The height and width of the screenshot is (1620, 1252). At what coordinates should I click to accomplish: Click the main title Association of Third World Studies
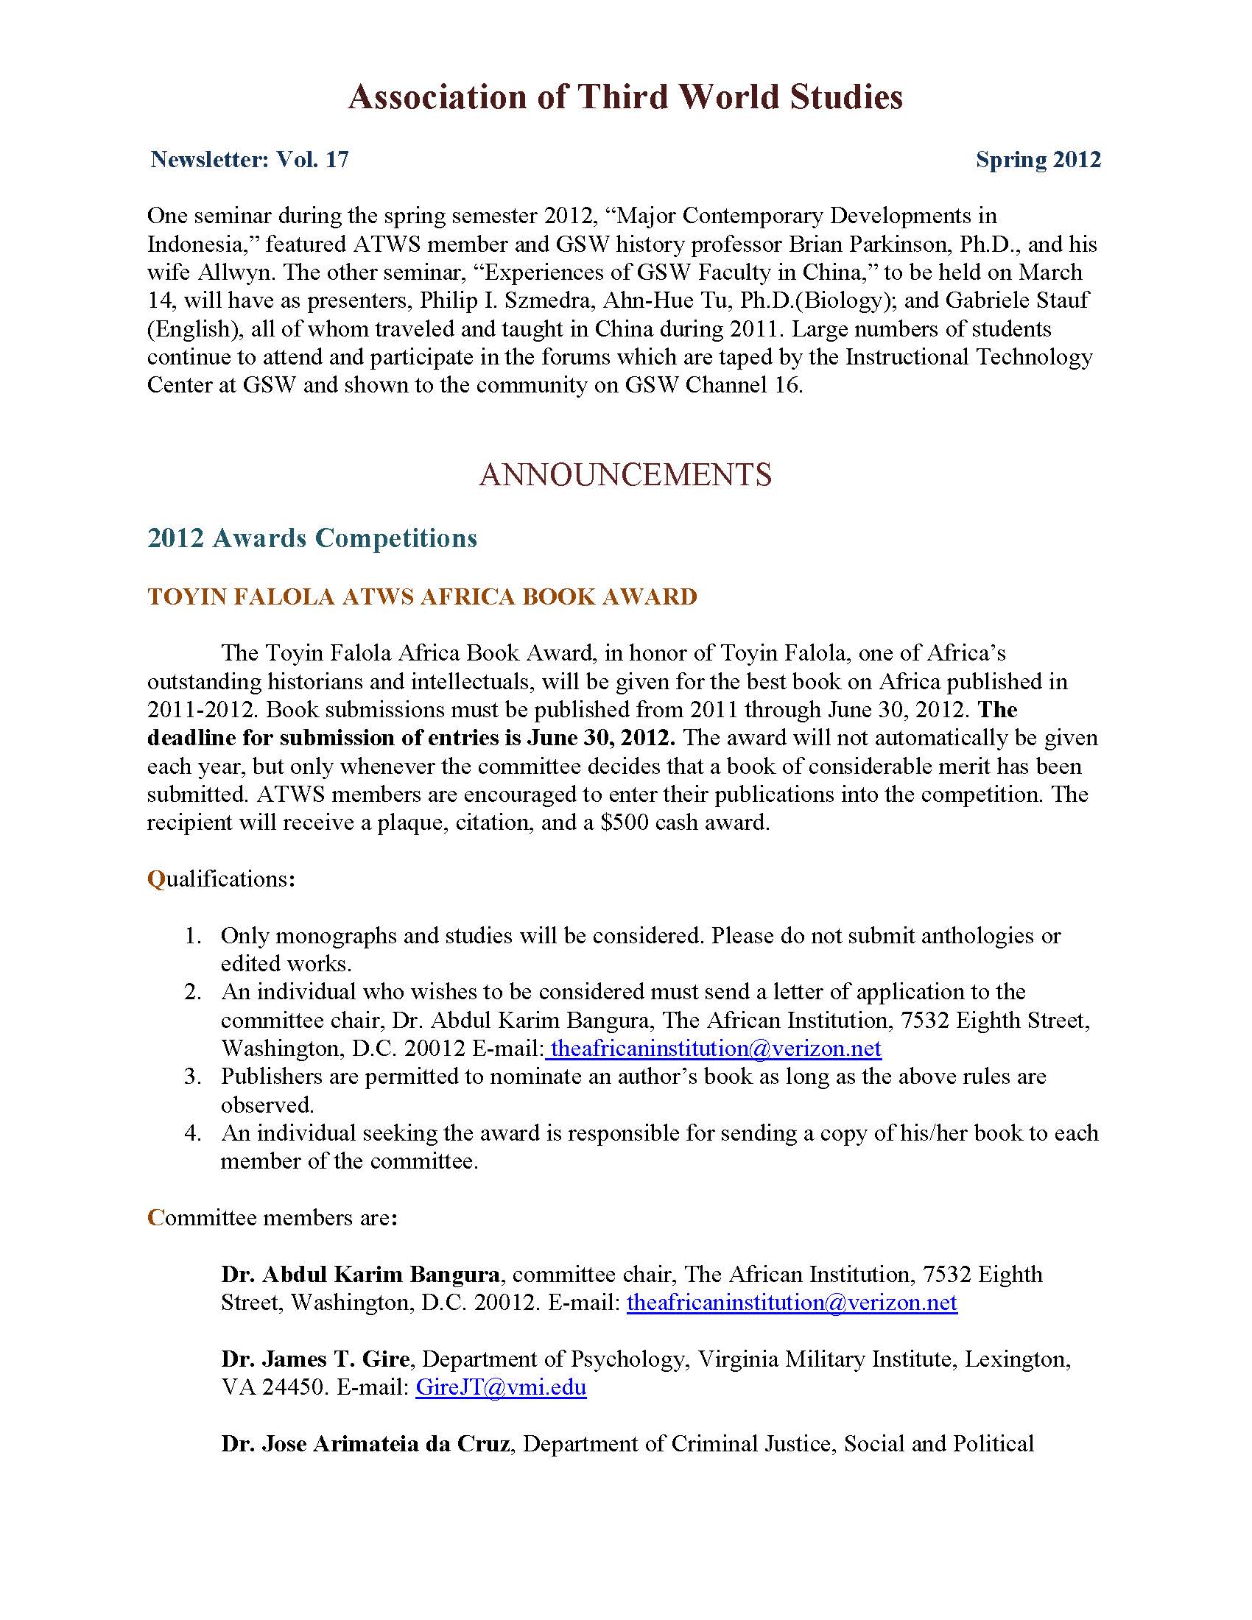coord(625,97)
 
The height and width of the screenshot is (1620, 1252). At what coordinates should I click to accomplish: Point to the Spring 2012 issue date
coord(1038,160)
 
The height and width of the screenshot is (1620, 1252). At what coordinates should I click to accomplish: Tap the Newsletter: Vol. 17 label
coord(249,160)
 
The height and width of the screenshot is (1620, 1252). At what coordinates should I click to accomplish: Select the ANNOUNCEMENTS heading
coord(625,475)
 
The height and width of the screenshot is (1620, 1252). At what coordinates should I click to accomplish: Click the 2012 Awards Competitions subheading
coord(312,538)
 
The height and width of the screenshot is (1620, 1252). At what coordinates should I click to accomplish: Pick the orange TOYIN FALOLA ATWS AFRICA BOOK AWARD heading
coord(422,596)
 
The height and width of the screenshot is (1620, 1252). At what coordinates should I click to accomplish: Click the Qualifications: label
coord(221,879)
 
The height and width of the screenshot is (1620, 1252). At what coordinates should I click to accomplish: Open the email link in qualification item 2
coord(716,1049)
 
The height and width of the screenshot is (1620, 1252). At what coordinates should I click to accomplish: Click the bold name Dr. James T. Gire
coord(315,1359)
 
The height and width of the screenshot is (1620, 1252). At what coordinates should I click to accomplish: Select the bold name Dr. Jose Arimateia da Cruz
coord(365,1443)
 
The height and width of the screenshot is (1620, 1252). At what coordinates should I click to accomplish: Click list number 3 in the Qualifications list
coord(194,1077)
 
